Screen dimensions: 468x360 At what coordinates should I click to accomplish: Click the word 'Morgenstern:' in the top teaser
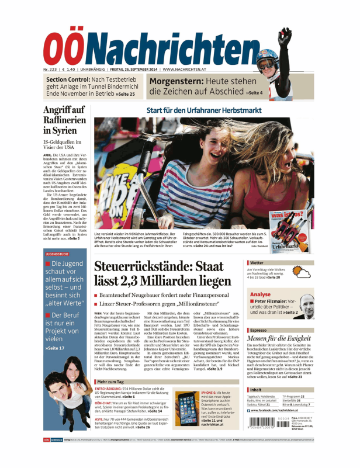click(175, 81)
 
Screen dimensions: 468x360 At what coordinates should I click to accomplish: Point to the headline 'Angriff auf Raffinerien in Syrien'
click(65, 120)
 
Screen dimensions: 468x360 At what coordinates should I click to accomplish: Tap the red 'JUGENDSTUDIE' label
click(56, 254)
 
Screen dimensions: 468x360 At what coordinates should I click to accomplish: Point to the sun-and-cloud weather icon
click(304, 273)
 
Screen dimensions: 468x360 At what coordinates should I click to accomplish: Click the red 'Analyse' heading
click(260, 294)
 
